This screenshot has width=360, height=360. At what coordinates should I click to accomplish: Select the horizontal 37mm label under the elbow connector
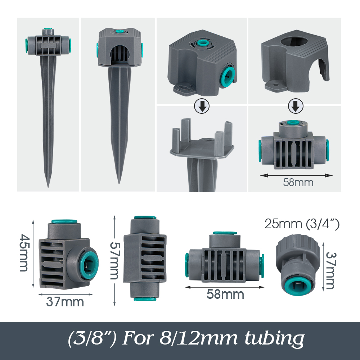65,302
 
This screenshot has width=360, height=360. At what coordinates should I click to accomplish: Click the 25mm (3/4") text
302,224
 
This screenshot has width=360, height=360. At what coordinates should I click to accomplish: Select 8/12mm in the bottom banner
190,338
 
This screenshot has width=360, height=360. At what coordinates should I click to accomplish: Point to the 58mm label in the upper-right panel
298,182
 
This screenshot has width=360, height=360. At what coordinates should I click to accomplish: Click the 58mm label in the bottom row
225,294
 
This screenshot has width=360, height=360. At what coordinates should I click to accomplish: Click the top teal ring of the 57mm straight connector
145,219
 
